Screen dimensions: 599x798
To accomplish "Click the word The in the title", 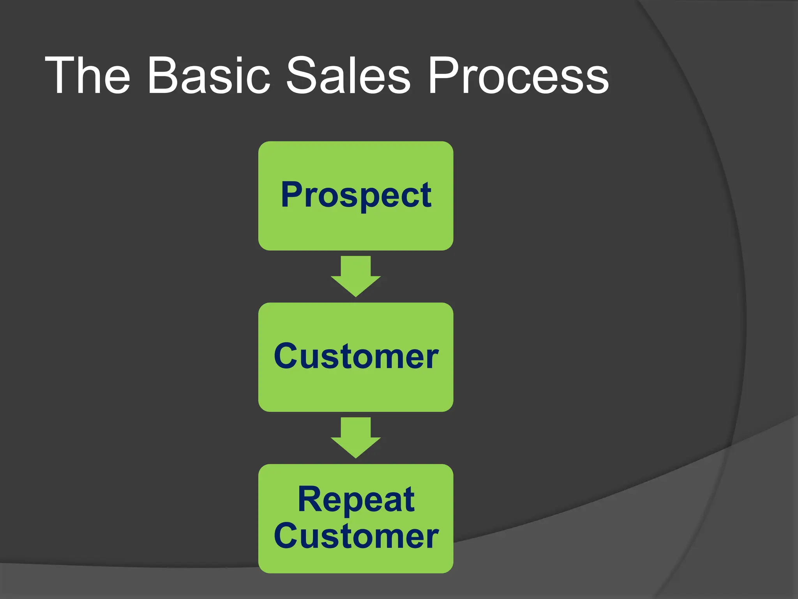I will click(87, 76).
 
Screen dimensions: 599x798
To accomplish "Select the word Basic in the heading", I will click(208, 76).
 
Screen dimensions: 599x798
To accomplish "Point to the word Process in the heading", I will click(518, 76).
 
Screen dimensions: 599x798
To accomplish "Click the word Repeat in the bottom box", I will click(356, 500).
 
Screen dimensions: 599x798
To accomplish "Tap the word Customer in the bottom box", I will click(356, 537).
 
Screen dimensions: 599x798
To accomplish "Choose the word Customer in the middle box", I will click(356, 356).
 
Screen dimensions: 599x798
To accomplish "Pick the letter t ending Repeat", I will click(410, 500).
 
